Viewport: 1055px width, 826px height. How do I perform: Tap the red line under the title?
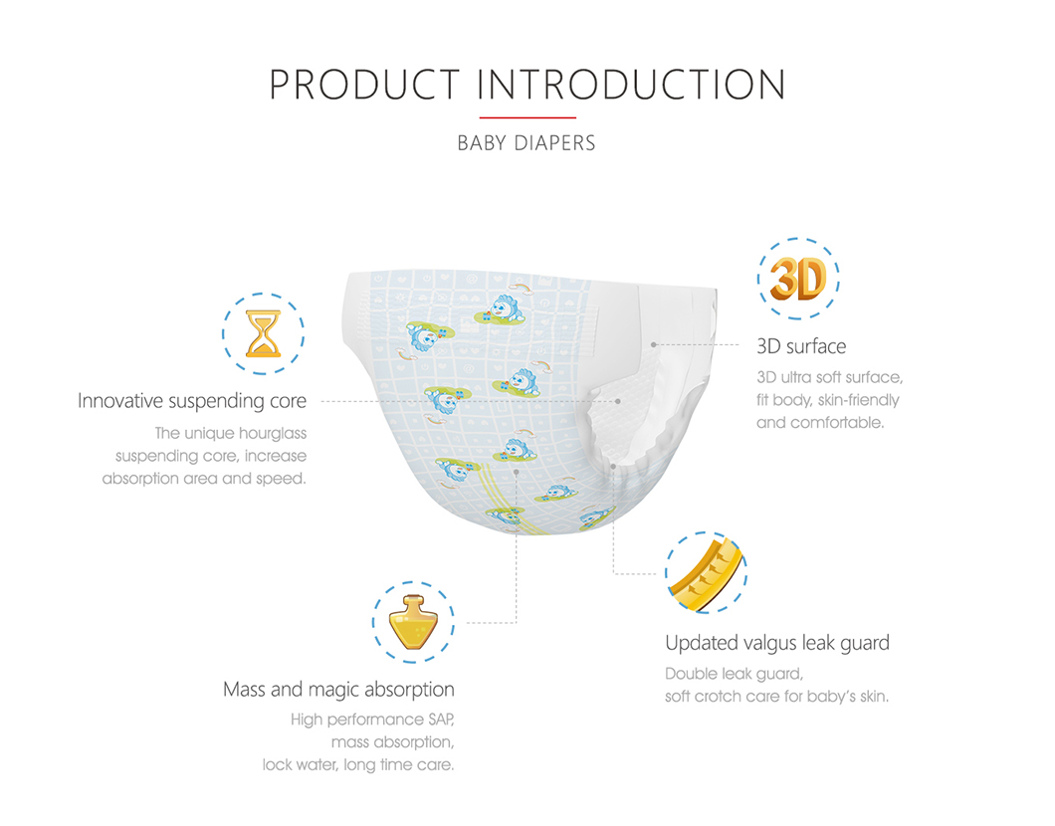pos(527,117)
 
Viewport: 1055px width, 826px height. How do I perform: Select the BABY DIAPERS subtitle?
pos(527,143)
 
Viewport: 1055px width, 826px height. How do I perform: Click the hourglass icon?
pos(263,333)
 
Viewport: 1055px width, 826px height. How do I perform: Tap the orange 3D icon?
pos(798,279)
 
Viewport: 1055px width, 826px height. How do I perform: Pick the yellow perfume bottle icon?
pos(413,622)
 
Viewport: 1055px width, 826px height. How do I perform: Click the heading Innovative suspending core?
pos(192,401)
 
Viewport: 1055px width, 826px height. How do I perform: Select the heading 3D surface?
pos(801,346)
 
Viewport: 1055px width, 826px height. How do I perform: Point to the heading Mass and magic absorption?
pos(338,690)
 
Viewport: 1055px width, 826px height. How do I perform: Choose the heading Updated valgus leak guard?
pos(777,643)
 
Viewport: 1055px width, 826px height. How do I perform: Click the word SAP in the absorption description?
pos(441,720)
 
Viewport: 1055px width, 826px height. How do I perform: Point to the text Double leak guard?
pos(735,674)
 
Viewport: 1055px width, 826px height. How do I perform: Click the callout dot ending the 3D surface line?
pos(653,344)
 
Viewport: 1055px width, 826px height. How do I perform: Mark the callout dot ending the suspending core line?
pos(618,402)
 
